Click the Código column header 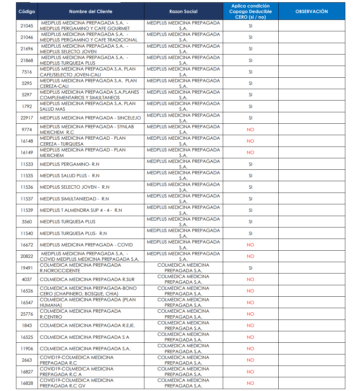(27, 11)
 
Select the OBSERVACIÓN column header (311, 11)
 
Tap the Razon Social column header (183, 11)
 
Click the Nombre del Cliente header (90, 11)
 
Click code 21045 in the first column (27, 26)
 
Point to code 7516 (27, 72)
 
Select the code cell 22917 (27, 118)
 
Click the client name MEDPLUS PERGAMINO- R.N (70, 164)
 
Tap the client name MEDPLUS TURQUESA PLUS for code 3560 (68, 222)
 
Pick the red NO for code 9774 (250, 130)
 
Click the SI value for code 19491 (250, 268)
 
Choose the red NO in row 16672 (250, 245)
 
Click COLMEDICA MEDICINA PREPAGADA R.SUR (87, 279)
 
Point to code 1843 (27, 325)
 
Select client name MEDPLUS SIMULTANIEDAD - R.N (74, 199)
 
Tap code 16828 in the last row (27, 383)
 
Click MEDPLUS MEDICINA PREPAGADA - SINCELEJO (90, 118)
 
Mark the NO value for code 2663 (250, 360)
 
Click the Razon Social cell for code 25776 (183, 314)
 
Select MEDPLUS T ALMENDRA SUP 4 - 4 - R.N (81, 210)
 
